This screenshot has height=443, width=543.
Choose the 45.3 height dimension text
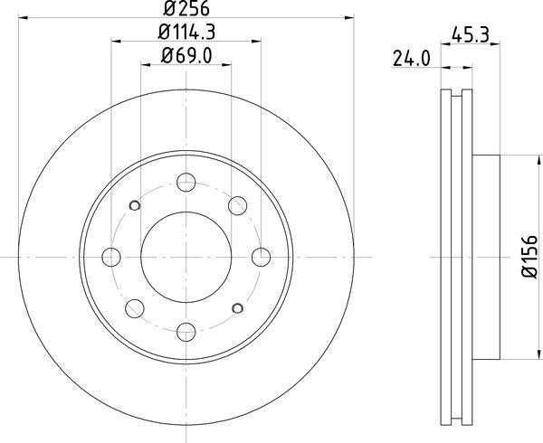tap(459, 36)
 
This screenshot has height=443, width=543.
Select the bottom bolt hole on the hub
tap(186, 329)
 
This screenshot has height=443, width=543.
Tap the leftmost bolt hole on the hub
tap(113, 257)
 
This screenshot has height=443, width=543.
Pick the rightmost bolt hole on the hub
tap(259, 257)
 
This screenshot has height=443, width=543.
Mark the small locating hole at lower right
tap(238, 308)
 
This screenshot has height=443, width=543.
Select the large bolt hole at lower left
tap(134, 307)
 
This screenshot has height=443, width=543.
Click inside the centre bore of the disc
tap(186, 257)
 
